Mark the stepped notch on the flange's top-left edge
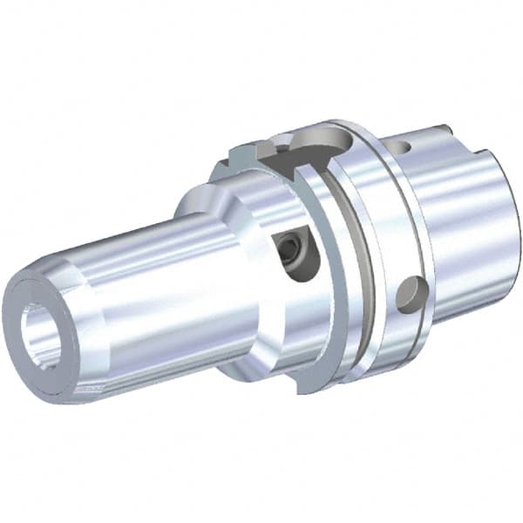(240, 157)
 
